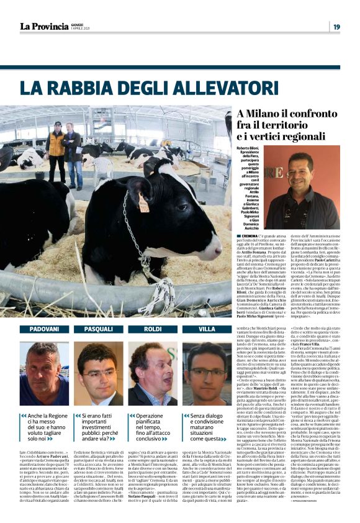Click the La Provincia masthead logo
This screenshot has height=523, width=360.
click(x=43, y=26)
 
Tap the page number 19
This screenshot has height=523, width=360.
click(x=336, y=27)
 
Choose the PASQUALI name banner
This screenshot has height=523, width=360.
click(x=99, y=329)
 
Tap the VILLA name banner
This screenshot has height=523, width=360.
click(x=207, y=329)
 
